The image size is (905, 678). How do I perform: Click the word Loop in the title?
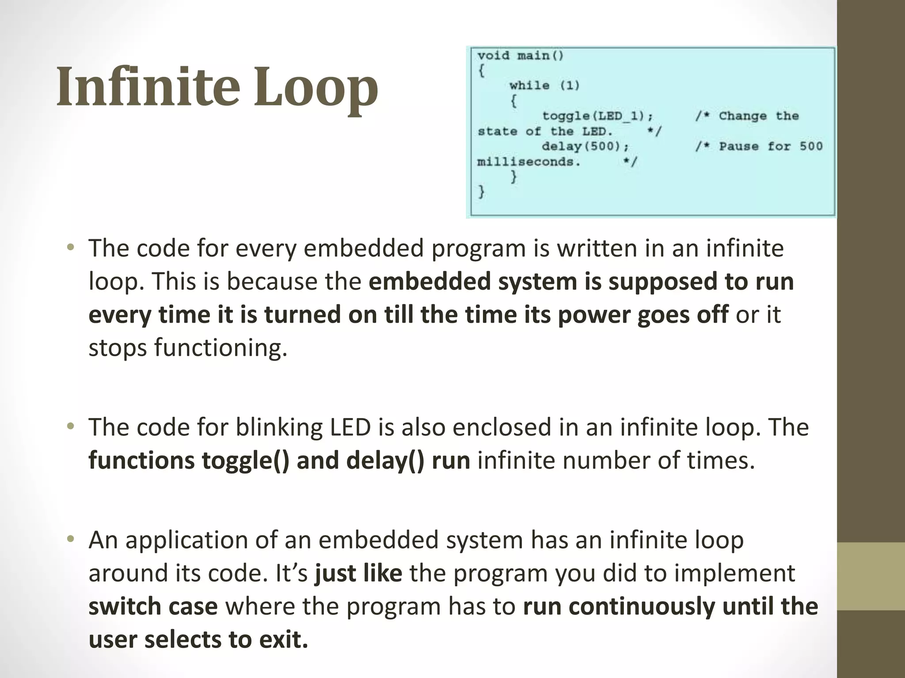coord(316,87)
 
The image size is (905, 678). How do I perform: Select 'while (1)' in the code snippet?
coord(544,85)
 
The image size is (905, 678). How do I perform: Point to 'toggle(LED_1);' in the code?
coord(597,116)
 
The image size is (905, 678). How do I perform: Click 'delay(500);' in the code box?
coord(585,146)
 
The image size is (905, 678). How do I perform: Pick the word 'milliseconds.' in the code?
coord(529,162)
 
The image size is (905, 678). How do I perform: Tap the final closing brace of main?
coord(481,192)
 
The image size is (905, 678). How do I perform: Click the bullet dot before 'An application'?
coord(70,539)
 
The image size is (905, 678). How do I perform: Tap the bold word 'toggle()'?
coord(245,460)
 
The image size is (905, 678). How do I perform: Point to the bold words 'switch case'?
coord(153,606)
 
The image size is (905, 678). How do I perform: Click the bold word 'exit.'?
coord(283,640)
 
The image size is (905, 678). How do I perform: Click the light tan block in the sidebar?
coord(871,576)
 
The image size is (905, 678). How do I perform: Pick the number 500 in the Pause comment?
coord(811,146)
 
